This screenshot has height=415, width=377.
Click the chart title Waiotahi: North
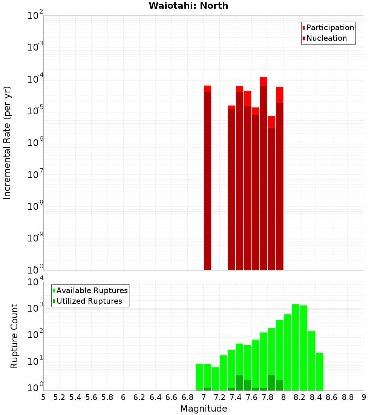[188, 6]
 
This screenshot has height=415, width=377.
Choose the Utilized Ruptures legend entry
[89, 301]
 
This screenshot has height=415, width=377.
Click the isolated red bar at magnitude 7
[207, 177]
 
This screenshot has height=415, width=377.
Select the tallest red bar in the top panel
[264, 174]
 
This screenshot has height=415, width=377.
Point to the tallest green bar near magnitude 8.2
[296, 347]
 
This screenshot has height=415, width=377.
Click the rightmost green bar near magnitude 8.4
[320, 372]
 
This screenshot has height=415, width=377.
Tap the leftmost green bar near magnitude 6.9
[199, 377]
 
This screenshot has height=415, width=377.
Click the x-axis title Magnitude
[204, 409]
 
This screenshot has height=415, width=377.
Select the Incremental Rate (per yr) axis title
[7, 143]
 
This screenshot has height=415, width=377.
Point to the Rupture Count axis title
[14, 336]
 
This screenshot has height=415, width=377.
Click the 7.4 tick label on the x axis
[236, 397]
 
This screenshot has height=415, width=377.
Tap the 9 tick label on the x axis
[364, 397]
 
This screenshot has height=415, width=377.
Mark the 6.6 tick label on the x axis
[172, 397]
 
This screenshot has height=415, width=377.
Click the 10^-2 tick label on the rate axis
[35, 16]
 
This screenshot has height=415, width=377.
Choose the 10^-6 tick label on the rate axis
[35, 143]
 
